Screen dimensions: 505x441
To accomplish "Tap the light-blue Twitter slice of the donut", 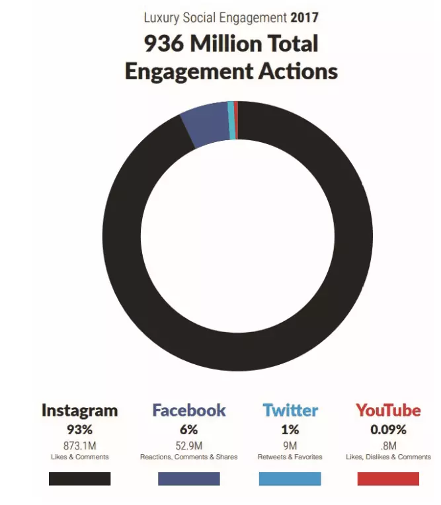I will pos(231,120).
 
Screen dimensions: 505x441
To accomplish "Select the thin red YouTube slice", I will pos(236,120).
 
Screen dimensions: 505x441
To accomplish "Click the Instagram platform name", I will pos(79,410).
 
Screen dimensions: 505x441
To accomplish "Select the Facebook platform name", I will pos(188,410).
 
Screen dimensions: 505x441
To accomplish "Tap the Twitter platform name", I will pos(290,410).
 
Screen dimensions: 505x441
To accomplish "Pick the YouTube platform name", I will pos(388,410).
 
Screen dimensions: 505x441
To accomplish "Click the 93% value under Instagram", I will pos(79,430).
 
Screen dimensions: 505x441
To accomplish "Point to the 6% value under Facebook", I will pos(188,430).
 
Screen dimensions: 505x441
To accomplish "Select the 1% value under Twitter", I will pos(290,430).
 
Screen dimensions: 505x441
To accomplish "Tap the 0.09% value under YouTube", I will pos(388,430).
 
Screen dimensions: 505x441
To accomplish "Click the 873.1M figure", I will pos(79,445).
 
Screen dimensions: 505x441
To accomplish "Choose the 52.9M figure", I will pos(188,445).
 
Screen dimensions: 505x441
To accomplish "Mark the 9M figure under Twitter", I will pos(290,445).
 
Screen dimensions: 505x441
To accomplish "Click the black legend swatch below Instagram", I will pos(79,479).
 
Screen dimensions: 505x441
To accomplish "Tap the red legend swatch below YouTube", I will pos(388,479).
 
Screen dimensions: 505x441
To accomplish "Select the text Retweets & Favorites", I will pos(290,457).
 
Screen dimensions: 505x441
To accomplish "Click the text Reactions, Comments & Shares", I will pos(188,457).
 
